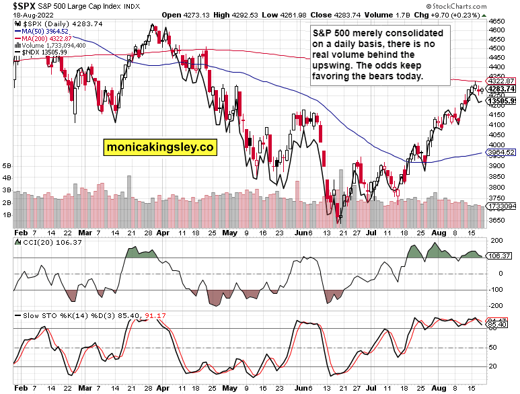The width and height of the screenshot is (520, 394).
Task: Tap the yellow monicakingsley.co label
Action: [x=159, y=146]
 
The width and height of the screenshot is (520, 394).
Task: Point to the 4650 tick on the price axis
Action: [x=497, y=21]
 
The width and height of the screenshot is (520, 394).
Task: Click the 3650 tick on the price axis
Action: [x=497, y=220]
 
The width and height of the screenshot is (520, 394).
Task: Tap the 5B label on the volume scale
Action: [x=7, y=165]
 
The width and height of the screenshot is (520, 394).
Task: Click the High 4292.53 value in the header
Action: [x=241, y=15]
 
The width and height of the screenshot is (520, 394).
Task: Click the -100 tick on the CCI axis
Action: [x=498, y=290]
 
